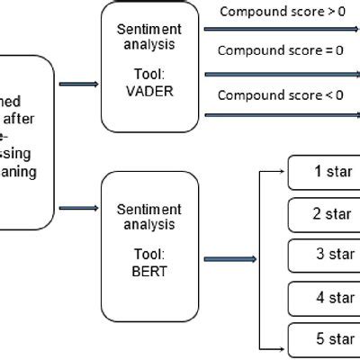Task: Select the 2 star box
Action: point(324,215)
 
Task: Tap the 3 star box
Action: point(324,256)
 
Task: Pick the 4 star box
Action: point(324,297)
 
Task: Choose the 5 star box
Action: point(324,338)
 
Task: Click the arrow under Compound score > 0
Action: point(279,30)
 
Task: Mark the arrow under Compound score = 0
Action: point(279,71)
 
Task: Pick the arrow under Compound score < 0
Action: point(279,113)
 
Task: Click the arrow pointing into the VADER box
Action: point(78,84)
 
